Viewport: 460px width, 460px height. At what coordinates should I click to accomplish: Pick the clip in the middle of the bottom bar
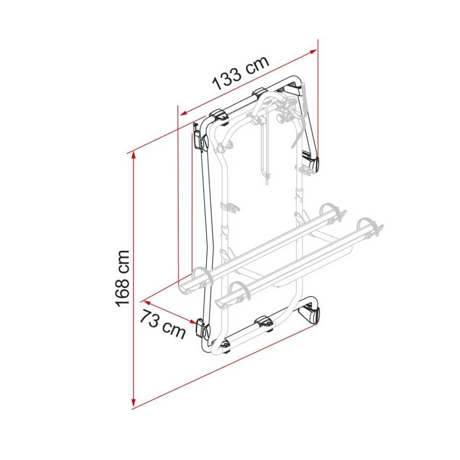(264, 322)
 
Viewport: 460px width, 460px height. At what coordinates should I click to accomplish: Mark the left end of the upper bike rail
(184, 288)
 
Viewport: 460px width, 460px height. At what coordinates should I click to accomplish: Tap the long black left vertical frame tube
(207, 230)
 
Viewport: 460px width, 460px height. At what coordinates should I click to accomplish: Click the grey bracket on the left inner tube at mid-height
(229, 207)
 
